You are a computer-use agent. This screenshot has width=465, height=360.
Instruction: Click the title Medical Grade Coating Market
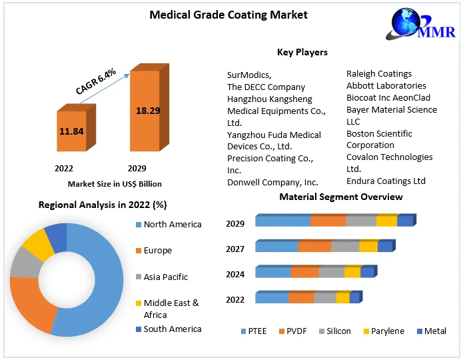coord(229,15)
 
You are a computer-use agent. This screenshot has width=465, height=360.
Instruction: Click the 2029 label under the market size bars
coord(137,169)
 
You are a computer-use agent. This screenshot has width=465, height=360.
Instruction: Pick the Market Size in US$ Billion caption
coord(115,184)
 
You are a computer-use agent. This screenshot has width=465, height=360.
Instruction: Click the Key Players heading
coord(302,52)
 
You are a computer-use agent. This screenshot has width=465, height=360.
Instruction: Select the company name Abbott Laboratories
coord(386,86)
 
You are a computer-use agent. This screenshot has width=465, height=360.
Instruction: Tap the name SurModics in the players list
coord(248,75)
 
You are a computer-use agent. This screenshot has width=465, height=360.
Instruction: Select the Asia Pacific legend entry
coord(165,277)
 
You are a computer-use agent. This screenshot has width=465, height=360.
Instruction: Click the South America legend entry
coord(172,329)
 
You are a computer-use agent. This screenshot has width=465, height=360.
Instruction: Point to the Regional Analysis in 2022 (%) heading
coord(103,205)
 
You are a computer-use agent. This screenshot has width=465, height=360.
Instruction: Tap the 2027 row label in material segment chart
coord(235,249)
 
